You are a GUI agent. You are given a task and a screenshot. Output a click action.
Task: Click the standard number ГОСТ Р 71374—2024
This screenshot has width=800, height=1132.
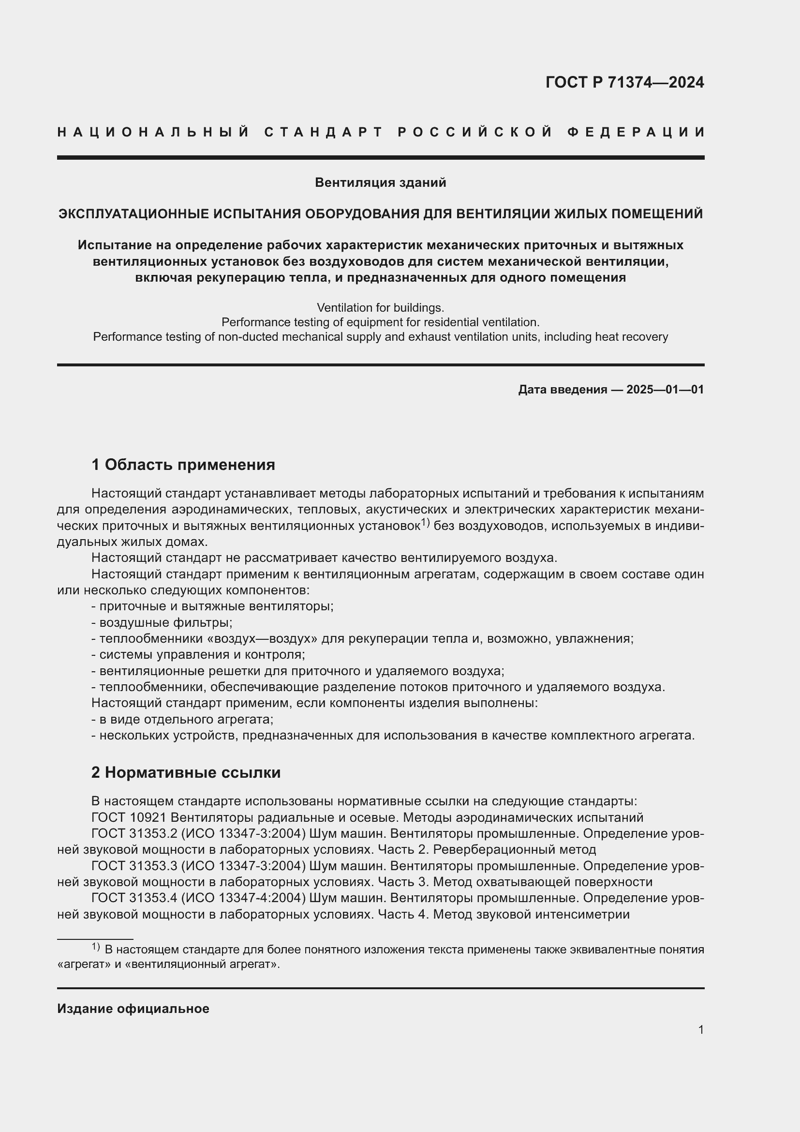(624, 82)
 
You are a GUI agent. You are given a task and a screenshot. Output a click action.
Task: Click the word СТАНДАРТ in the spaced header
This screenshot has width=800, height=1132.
(324, 132)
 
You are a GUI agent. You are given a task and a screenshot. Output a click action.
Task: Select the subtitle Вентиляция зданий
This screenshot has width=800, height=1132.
(380, 183)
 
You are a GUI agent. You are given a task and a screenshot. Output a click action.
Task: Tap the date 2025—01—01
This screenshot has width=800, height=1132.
(665, 390)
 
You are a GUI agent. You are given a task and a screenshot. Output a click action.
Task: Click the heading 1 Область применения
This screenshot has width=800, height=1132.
(183, 465)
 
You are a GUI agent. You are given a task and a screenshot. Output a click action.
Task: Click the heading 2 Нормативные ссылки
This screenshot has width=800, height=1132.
(186, 772)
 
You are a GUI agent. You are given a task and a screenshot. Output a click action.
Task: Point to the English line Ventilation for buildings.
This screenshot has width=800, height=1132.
(380, 308)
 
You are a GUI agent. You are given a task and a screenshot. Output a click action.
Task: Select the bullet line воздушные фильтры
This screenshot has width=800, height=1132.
(162, 622)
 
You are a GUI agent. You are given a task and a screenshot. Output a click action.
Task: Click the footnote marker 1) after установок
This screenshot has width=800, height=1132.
(426, 523)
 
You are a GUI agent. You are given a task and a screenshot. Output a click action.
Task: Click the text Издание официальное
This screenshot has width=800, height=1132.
(133, 1009)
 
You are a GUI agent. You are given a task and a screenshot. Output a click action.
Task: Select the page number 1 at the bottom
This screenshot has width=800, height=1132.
(700, 1030)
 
